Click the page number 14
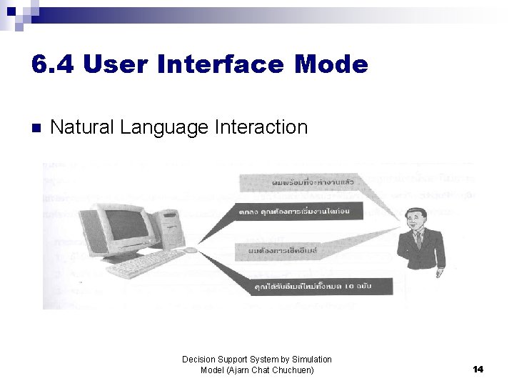point(478,369)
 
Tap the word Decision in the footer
point(198,359)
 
